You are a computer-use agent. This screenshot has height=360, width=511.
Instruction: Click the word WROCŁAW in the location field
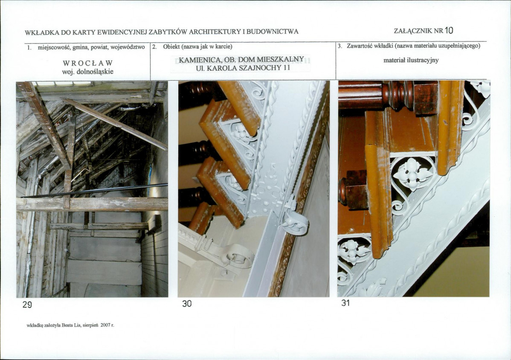[x=88, y=63]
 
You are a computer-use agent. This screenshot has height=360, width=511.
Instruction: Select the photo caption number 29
[x=27, y=305]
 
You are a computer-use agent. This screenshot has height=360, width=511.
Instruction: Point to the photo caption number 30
[x=187, y=304]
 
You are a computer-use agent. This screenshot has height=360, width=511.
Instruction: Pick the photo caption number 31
[x=346, y=303]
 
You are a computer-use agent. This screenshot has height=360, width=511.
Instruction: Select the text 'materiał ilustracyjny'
[x=411, y=60]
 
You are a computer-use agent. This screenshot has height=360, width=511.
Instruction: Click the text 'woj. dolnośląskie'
[x=88, y=72]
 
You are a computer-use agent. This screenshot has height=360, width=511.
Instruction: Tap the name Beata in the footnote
[x=66, y=325]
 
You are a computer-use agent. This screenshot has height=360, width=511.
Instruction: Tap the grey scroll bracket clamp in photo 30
[x=294, y=220]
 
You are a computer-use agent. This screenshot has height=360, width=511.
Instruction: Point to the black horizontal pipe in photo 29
[x=95, y=191]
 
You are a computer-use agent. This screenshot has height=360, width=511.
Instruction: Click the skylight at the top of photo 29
[x=62, y=84]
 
